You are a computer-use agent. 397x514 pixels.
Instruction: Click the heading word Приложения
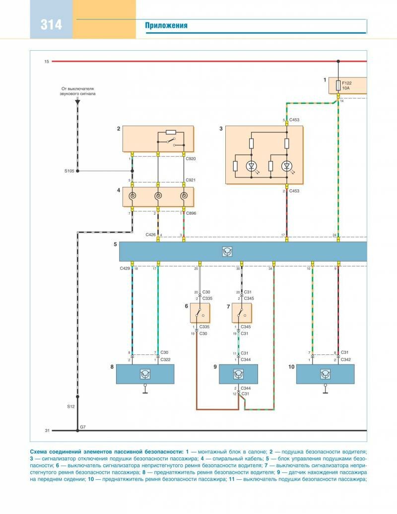(166, 26)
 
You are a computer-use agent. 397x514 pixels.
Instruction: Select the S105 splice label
(69, 171)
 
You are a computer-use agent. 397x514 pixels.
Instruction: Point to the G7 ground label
(82, 427)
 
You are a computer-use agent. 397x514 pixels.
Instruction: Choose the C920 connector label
(191, 159)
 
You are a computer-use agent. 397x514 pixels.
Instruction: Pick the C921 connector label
(191, 180)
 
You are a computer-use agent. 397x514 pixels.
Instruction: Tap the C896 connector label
(192, 214)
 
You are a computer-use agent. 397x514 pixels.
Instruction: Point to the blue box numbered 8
(145, 374)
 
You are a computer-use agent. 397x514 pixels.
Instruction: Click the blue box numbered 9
(239, 374)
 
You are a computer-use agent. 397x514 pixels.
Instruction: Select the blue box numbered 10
(325, 374)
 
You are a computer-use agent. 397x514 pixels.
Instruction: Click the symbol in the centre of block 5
(227, 252)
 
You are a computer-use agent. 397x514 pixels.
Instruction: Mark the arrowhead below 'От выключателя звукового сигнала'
(77, 101)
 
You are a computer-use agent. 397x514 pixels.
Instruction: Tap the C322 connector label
(165, 359)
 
